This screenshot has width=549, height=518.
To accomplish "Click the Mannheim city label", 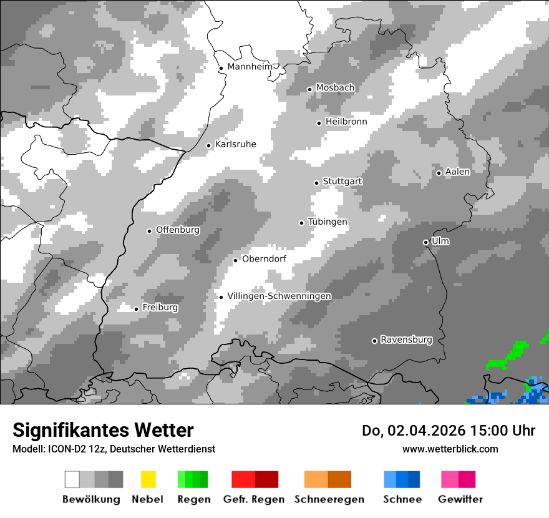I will (251, 67).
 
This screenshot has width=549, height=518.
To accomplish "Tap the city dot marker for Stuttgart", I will (316, 183).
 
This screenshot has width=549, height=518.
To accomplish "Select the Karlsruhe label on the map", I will (235, 144).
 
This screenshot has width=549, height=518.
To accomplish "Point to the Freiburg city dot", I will (136, 309).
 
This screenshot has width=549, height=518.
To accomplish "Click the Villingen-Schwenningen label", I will (279, 296).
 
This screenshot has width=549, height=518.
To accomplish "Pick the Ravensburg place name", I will (406, 340).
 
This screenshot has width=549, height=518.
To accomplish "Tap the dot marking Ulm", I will (425, 242).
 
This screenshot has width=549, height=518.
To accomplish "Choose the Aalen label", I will (457, 172).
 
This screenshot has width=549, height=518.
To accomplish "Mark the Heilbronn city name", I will (346, 122).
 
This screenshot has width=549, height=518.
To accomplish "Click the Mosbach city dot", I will (309, 89).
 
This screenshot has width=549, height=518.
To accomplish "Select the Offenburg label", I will (178, 230).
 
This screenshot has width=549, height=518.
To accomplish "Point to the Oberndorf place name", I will (264, 258).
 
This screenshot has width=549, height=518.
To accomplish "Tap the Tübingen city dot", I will (302, 223).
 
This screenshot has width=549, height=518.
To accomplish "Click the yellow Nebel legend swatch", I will (148, 479).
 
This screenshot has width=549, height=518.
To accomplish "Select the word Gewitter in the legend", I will (460, 499).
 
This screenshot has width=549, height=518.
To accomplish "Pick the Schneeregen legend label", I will (329, 499).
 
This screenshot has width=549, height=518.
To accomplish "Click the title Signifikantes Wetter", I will (103, 430).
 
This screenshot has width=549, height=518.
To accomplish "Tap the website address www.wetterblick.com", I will (450, 449).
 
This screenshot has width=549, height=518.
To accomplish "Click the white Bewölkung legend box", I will (72, 479).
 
